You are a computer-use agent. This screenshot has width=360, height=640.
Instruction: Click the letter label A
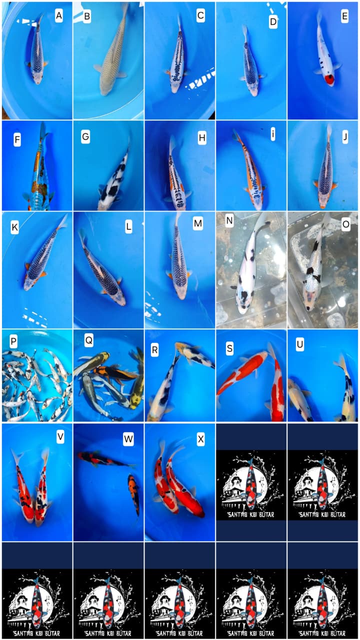[59, 16]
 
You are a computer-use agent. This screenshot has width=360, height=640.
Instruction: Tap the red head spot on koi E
[329, 79]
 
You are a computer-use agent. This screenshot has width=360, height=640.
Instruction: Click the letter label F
[17, 136]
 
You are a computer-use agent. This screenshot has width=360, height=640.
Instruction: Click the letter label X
[201, 438]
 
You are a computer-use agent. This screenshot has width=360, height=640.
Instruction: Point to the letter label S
[229, 348]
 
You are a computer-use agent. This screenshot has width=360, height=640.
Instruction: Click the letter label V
[60, 436]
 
